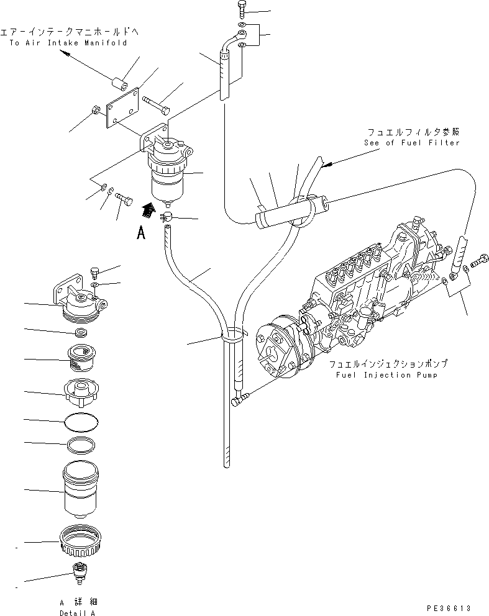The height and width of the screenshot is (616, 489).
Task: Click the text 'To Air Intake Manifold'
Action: pyautogui.click(x=68, y=43)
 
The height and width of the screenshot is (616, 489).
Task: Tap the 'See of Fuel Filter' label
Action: pyautogui.click(x=411, y=143)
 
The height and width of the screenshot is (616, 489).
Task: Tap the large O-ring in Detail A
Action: pyautogui.click(x=81, y=422)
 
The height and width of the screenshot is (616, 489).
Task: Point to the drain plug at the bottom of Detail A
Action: pyautogui.click(x=79, y=572)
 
